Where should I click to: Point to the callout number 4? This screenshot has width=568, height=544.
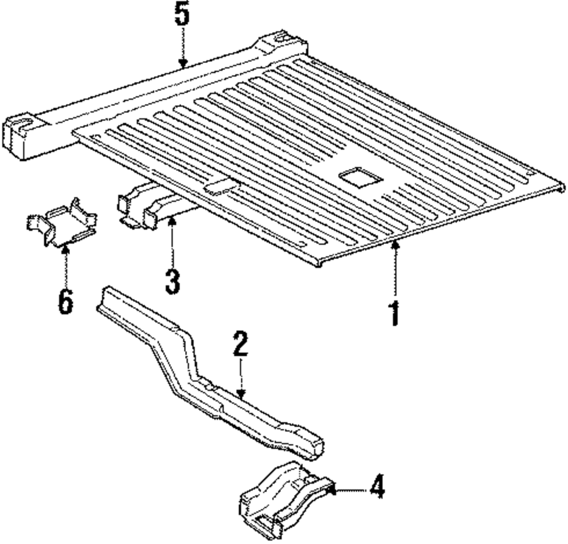pyautogui.click(x=377, y=488)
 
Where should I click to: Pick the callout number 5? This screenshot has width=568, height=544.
pyautogui.click(x=182, y=18)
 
